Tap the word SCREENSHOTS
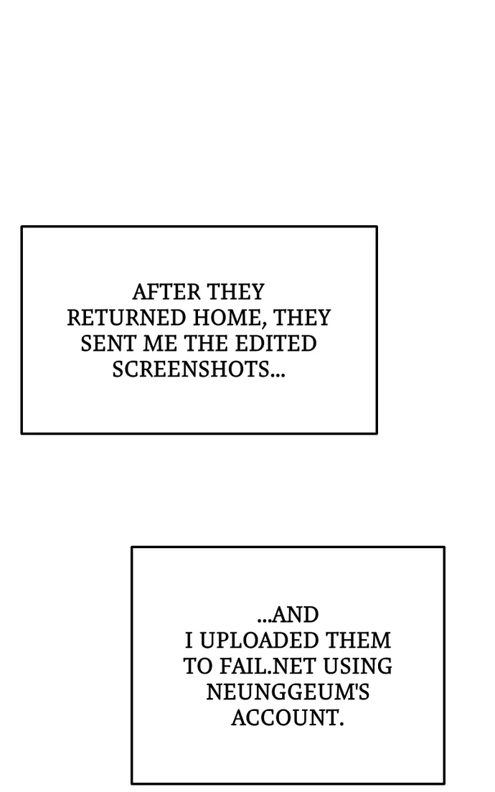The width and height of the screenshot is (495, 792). (x=191, y=369)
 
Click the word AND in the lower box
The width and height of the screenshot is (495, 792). (x=296, y=615)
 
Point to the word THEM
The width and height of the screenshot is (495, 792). (x=358, y=641)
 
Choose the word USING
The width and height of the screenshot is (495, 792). (x=357, y=666)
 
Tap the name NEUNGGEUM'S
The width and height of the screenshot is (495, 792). (x=288, y=692)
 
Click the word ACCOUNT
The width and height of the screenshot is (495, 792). (x=288, y=717)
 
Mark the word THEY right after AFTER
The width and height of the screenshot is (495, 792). (x=237, y=292)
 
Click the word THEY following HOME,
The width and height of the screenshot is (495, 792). (x=302, y=318)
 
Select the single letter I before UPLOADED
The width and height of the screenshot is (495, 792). (x=189, y=641)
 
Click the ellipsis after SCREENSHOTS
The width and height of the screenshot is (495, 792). (x=278, y=374)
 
